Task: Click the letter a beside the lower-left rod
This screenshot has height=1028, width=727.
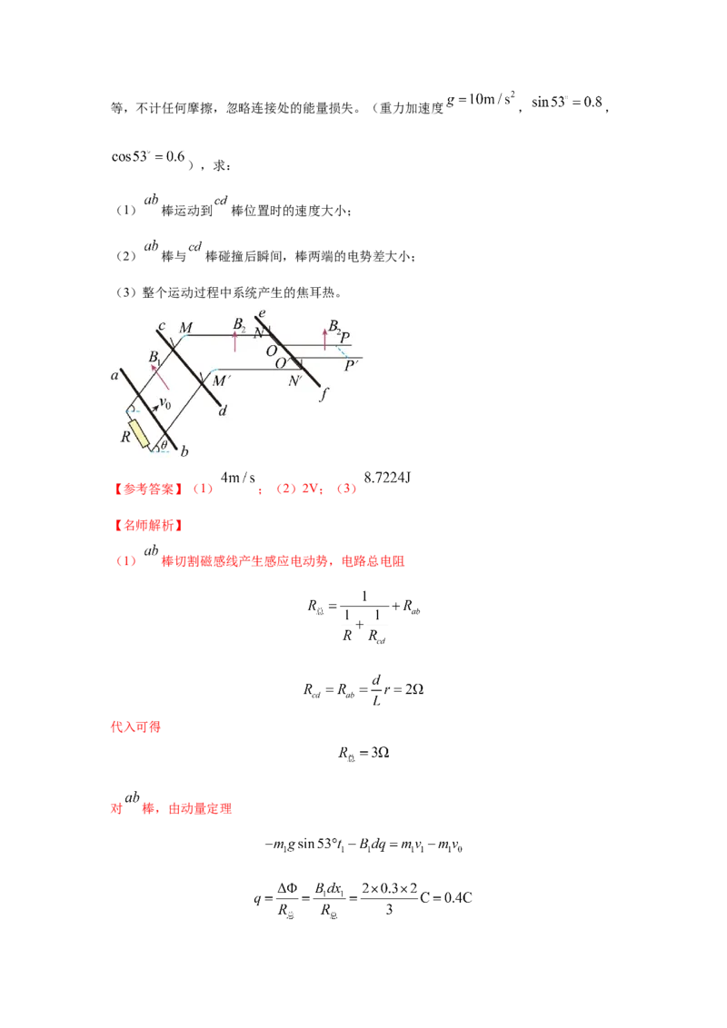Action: point(115,374)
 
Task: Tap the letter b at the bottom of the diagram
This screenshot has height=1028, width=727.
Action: point(186,451)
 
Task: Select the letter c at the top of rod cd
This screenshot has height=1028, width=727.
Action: point(161,327)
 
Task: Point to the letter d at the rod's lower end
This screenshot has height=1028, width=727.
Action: point(223,410)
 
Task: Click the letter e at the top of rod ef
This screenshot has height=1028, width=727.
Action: point(262,314)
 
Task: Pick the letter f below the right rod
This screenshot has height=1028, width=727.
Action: point(324,393)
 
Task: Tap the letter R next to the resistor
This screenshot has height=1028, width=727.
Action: point(125,437)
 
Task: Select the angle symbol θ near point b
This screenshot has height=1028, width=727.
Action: point(164,445)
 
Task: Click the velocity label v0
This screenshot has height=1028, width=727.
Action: point(165,403)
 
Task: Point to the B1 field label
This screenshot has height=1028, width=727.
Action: point(155,356)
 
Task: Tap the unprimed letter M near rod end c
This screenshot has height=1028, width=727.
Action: point(186,327)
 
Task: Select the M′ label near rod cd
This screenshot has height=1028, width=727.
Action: point(220,381)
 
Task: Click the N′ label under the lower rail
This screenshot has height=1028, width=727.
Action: point(295,381)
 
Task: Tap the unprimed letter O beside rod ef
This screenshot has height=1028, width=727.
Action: point(271,350)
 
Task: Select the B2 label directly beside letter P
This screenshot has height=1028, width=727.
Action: point(334,325)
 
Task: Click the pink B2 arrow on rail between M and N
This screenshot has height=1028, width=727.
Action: point(234,341)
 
